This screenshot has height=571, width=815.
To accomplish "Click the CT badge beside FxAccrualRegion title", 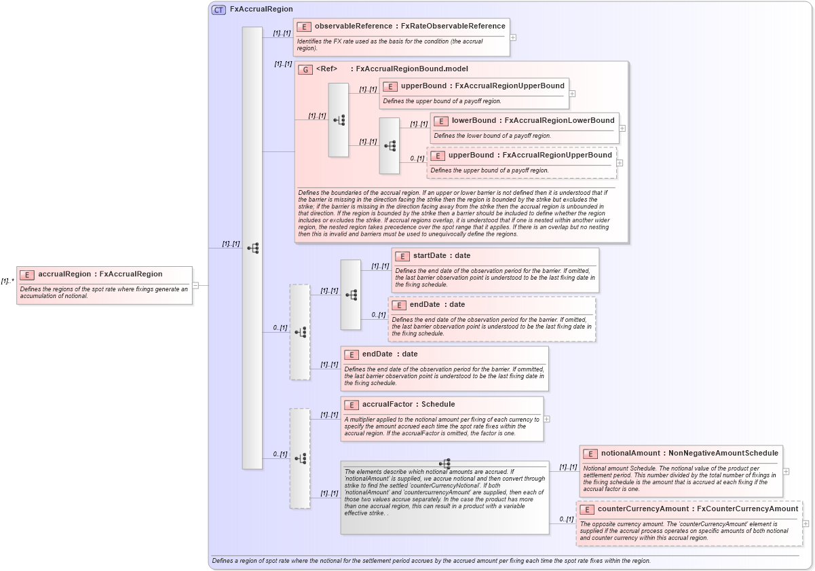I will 219,10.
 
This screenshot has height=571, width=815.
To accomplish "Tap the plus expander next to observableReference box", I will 513,37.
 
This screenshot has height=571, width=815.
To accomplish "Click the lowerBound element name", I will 474,121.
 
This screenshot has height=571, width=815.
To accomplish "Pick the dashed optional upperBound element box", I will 521,162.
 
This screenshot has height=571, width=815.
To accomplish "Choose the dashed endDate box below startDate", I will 491,318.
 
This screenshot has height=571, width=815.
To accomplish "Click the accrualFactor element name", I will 388,405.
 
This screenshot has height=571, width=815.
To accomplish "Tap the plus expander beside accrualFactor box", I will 547,419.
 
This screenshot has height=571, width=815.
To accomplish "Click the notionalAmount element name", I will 630,454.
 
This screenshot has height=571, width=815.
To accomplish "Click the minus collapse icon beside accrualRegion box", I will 195,285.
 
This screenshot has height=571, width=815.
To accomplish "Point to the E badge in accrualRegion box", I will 27,274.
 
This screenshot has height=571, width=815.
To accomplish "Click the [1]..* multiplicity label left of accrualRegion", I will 7,281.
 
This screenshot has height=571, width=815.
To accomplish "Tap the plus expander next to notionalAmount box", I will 786,471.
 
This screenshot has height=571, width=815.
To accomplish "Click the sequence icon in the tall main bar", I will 252,248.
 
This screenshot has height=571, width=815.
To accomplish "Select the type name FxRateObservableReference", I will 453,26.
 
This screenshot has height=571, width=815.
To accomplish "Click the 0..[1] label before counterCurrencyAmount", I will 566,519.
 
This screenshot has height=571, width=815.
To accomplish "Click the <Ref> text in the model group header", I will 327,69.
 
